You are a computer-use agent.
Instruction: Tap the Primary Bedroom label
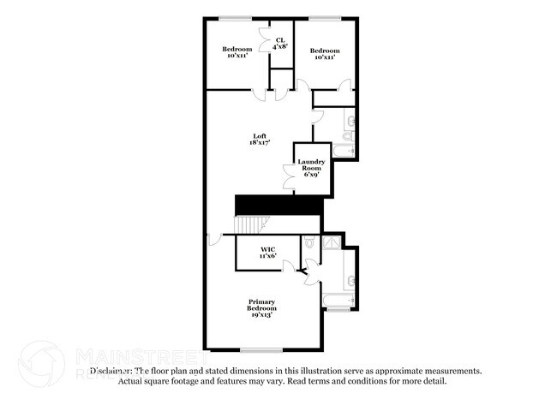tap(262, 309)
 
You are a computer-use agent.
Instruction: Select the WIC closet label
tap(268, 253)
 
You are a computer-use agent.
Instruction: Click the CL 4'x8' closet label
tap(280, 43)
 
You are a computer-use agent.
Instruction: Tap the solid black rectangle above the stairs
tap(278, 205)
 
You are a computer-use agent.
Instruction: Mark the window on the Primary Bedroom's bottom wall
tap(261, 349)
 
